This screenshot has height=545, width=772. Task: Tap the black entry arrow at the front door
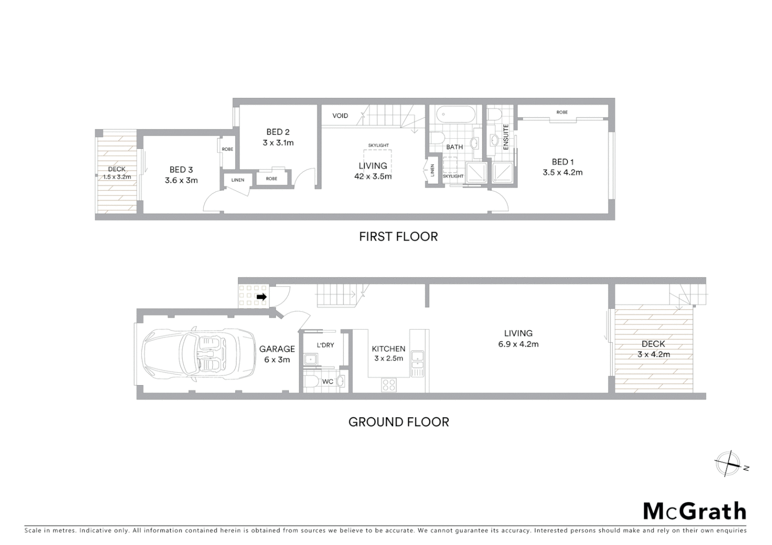click(261, 297)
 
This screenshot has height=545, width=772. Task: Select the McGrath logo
click(694, 511)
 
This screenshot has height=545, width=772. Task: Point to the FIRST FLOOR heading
click(398, 237)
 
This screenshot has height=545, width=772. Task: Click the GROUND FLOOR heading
click(398, 422)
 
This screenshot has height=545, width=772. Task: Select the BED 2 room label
click(278, 132)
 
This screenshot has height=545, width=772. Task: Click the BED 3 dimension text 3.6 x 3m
click(181, 180)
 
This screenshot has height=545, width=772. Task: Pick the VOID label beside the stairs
click(340, 116)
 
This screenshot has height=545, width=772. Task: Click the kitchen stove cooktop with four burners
click(389, 385)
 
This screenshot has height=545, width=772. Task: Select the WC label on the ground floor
click(327, 381)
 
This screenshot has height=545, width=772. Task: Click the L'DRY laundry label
click(325, 345)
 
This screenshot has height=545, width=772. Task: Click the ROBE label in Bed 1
click(562, 112)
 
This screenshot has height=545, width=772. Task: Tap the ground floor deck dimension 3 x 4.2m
click(653, 354)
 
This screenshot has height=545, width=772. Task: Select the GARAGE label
click(277, 349)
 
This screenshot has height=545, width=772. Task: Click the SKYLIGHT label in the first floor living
click(378, 145)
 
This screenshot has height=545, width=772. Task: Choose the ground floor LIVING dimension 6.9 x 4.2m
click(518, 344)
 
